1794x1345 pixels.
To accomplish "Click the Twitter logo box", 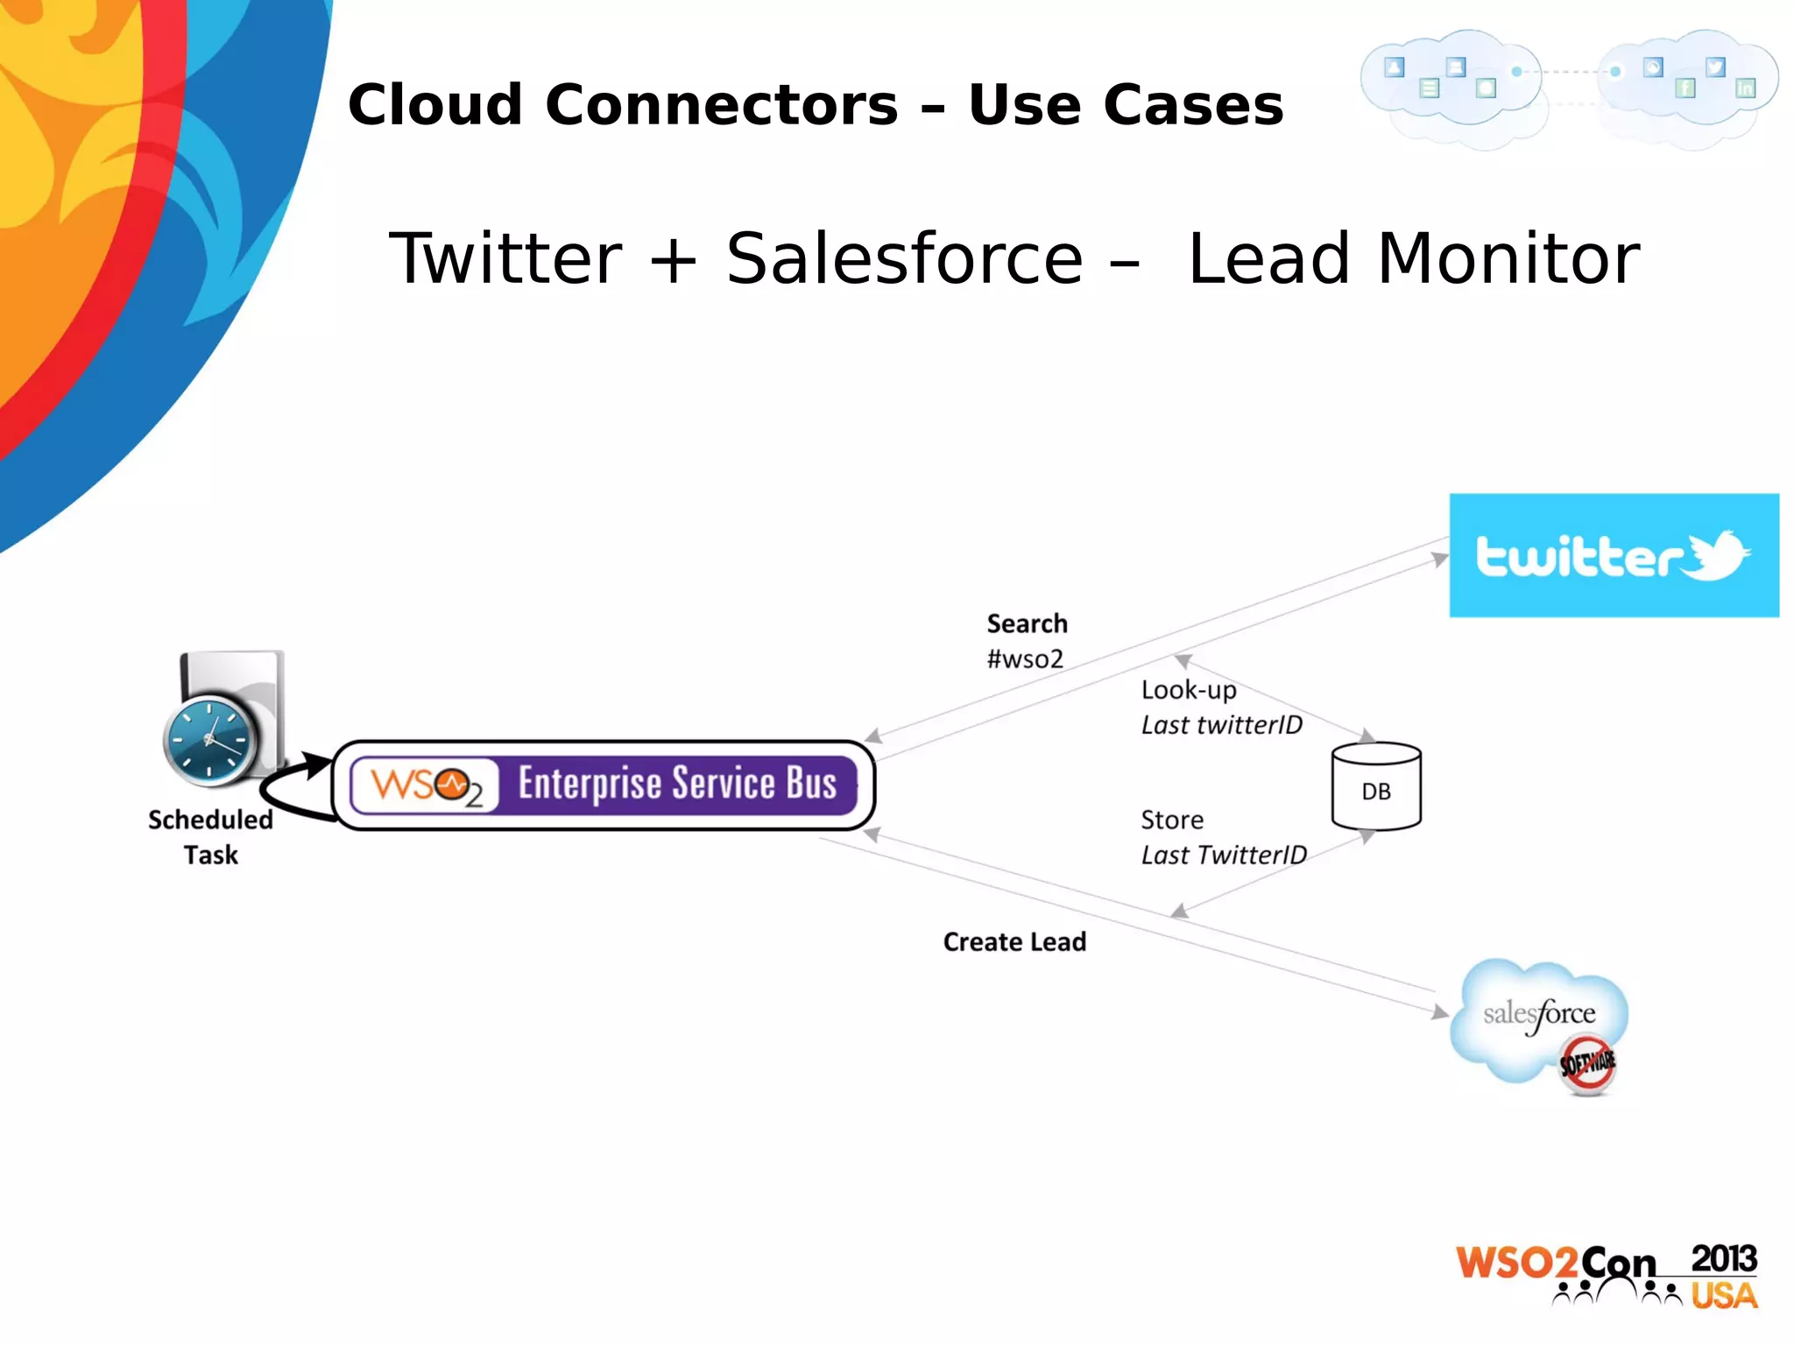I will click(x=1613, y=555).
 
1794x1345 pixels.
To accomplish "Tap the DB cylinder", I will click(x=1375, y=787).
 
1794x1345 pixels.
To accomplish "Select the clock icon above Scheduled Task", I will click(x=210, y=740).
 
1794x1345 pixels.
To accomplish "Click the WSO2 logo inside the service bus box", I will click(x=426, y=785).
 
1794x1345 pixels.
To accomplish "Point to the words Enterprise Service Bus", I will click(x=677, y=783).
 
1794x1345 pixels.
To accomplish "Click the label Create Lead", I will click(x=1014, y=942).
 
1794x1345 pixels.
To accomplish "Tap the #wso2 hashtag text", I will click(x=1025, y=659).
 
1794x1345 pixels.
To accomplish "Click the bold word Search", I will click(x=1027, y=623).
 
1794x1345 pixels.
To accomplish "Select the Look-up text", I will click(x=1188, y=690).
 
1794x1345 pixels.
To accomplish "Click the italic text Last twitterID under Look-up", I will click(x=1221, y=725).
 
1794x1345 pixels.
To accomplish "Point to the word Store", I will click(x=1171, y=820).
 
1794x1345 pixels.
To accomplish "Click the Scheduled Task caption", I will click(x=210, y=837).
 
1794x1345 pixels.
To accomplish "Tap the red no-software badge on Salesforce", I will click(x=1587, y=1064).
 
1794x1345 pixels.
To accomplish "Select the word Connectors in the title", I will click(x=722, y=105).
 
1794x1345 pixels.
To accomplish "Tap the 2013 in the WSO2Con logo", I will click(x=1723, y=1259).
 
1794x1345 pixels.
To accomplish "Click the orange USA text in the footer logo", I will click(x=1723, y=1296).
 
